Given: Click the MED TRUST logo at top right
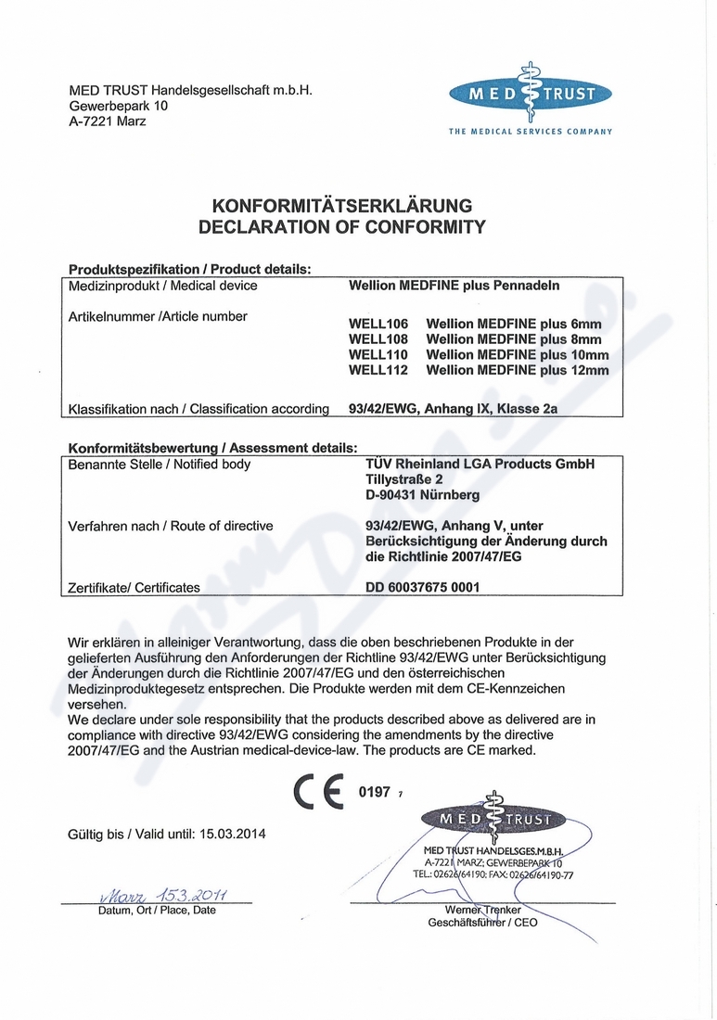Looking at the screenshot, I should tap(530, 94).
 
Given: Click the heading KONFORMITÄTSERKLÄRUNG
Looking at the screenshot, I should tap(342, 205).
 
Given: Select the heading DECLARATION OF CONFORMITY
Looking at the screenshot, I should tap(342, 226).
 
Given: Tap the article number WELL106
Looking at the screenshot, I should tap(378, 325).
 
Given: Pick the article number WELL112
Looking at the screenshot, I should tap(378, 370).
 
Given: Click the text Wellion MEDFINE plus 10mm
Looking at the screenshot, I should tap(517, 355).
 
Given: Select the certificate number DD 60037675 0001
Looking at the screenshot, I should tap(424, 587).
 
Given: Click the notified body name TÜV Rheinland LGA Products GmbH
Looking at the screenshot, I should tap(480, 465).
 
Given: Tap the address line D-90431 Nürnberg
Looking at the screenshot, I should tap(423, 495).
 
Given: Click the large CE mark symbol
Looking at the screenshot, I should tap(318, 792).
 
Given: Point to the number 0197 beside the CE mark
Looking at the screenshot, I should tap(374, 792).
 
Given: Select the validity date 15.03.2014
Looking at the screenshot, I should tap(233, 834).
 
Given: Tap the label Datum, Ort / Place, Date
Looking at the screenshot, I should tap(157, 910).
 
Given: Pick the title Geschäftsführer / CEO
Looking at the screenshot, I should tap(482, 923).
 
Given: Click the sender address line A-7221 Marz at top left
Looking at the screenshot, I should tap(108, 121).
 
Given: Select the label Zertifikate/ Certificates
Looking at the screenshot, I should tap(134, 587).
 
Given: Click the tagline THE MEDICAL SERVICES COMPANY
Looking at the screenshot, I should tap(531, 132).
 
